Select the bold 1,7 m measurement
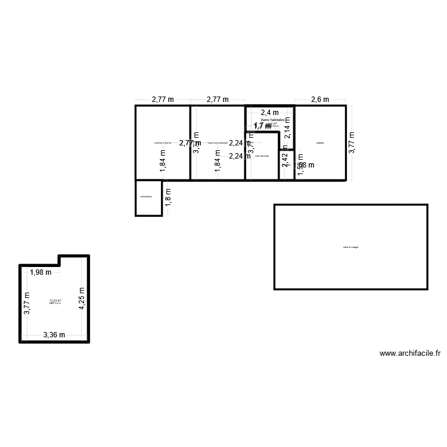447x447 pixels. (263, 126)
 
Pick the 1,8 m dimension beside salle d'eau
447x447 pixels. (168, 197)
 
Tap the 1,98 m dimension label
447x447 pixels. (41, 273)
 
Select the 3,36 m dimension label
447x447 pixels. (54, 336)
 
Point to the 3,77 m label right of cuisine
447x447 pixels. (352, 143)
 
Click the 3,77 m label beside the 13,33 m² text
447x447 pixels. (26, 303)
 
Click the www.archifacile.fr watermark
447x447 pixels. (409, 353)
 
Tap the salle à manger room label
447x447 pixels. (350, 247)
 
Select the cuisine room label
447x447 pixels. (320, 143)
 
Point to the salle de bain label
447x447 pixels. (262, 156)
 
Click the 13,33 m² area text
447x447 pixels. (55, 300)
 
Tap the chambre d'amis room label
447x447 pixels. (162, 143)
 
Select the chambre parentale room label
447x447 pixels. (218, 143)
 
